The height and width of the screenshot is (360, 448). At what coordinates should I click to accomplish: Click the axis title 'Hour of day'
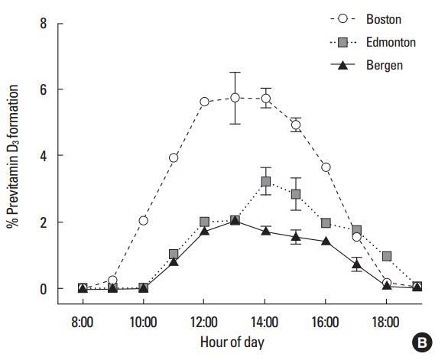pyautogui.click(x=233, y=342)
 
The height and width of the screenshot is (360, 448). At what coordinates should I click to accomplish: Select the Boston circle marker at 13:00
pyautogui.click(x=235, y=97)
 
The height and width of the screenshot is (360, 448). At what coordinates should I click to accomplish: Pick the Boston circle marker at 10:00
pyautogui.click(x=143, y=220)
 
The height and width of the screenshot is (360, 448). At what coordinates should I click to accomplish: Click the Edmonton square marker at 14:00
pyautogui.click(x=265, y=181)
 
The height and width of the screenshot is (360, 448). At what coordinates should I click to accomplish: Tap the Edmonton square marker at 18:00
pyautogui.click(x=387, y=256)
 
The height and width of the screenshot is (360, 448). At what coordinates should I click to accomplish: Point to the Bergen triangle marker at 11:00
pyautogui.click(x=174, y=262)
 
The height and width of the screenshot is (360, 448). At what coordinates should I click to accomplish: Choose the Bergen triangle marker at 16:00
pyautogui.click(x=326, y=242)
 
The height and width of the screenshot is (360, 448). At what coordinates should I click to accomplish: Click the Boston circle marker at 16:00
pyautogui.click(x=326, y=167)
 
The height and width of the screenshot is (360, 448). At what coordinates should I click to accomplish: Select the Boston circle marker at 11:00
pyautogui.click(x=174, y=157)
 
